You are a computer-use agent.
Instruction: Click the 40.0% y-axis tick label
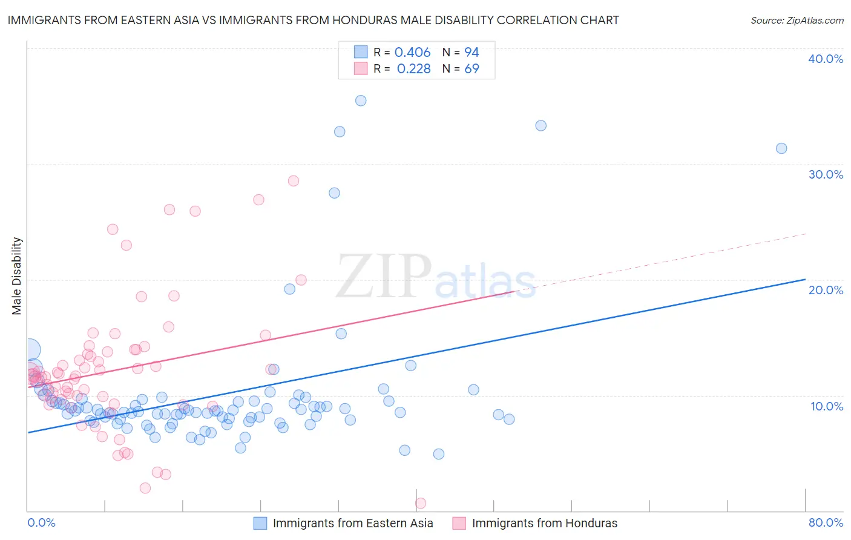point(826,59)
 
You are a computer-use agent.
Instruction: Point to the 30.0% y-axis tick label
point(826,174)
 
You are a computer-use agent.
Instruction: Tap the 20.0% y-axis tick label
point(826,290)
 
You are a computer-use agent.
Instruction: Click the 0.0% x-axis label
point(41,522)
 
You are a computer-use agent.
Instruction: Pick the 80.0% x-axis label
point(826,522)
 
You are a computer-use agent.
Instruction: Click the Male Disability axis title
point(17,275)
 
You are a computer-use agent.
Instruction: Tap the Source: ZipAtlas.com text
point(797,21)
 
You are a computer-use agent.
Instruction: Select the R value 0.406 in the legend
point(412,53)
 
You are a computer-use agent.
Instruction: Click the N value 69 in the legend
point(471,69)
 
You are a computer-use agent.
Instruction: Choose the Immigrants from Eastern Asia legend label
point(353,523)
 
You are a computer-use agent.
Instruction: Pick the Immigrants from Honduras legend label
point(545,523)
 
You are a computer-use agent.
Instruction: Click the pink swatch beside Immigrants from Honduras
point(459,523)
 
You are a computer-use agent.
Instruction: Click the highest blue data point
point(361,100)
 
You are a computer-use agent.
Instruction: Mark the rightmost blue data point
point(781,148)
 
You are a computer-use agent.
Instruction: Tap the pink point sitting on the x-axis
point(421,503)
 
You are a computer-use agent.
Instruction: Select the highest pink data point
point(294,180)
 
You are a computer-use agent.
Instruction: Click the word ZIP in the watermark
point(383,276)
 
